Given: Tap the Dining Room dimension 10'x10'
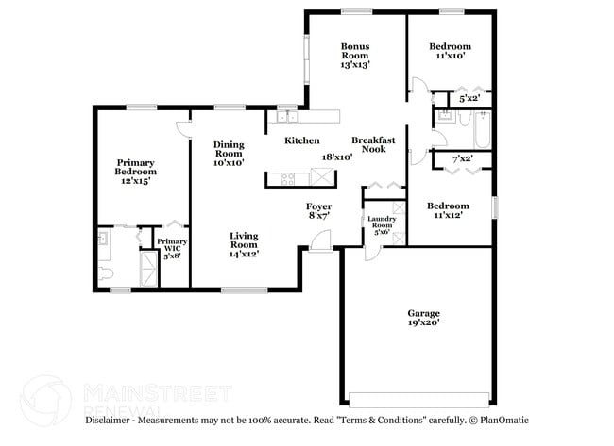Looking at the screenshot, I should point(229,162).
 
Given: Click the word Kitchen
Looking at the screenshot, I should point(302,140).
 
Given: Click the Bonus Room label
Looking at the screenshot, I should point(355,56).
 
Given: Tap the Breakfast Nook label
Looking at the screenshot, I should point(372,144).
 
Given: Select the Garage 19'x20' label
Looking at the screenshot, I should point(424,318).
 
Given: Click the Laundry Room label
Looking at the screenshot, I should point(381,226).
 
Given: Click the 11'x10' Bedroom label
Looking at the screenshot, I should point(449,51).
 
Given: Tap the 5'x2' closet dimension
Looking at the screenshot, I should point(469,98).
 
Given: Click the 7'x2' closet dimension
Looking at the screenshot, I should point(462,159).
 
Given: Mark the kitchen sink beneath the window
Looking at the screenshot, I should point(282,117).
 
